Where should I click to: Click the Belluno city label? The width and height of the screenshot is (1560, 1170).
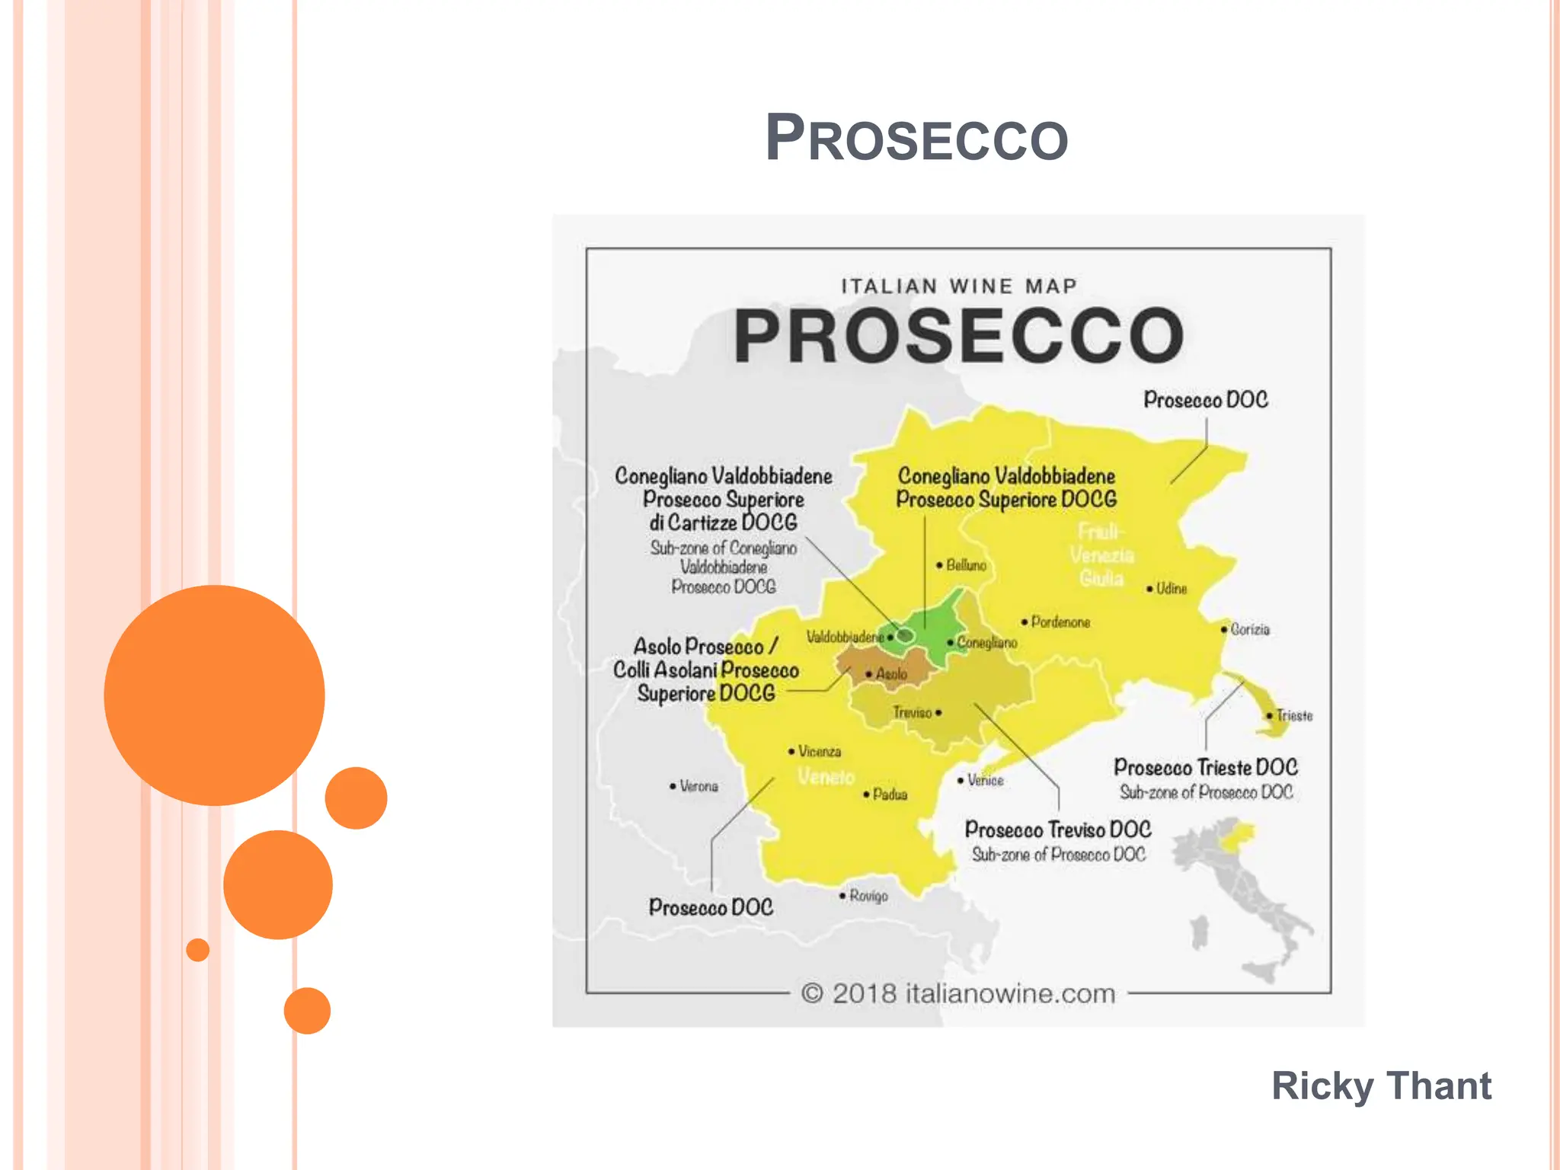pos(965,565)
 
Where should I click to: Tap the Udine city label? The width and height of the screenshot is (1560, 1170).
pos(1171,589)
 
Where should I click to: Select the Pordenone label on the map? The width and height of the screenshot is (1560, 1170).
pos(1060,622)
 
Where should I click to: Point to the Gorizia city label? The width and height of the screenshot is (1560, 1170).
pos(1249,629)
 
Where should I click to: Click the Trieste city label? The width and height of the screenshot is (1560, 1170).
pos(1293,716)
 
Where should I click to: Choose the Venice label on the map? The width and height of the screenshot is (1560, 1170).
pos(984,781)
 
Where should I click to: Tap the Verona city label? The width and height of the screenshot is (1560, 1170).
pos(698,786)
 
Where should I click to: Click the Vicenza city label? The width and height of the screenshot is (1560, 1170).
pos(819,752)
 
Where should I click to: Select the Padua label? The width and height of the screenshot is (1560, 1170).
pos(889,794)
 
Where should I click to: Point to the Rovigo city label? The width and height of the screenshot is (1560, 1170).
pos(868,896)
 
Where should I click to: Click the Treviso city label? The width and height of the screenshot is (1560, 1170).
pos(913,713)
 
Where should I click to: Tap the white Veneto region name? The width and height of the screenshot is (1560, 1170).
pos(826,777)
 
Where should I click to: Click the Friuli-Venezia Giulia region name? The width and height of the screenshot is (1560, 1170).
pos(1101,555)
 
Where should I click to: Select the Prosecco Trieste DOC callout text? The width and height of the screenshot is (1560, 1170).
pos(1205,768)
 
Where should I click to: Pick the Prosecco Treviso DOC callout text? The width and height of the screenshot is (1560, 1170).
pos(1057,830)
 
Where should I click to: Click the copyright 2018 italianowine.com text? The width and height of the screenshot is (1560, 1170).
pos(957,993)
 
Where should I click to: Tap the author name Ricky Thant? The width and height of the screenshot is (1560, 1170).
pos(1381,1085)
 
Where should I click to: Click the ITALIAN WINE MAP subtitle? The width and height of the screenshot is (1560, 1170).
pos(958,286)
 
